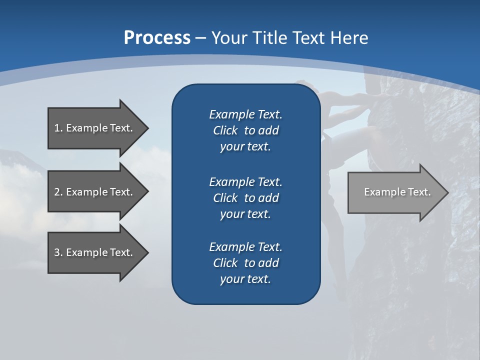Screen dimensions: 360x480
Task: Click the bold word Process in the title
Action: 157,38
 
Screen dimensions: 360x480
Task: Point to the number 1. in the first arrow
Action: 58,128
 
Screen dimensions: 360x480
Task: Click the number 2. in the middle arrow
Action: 58,192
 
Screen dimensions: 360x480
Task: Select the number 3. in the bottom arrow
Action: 58,252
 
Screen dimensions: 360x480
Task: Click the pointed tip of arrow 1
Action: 147,128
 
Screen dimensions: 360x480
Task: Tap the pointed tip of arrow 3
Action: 147,252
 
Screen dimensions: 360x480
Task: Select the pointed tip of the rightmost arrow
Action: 447,192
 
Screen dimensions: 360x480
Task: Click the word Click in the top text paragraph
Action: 225,130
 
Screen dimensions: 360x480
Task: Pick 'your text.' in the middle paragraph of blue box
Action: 245,214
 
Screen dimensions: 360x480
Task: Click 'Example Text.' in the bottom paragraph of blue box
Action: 245,247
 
